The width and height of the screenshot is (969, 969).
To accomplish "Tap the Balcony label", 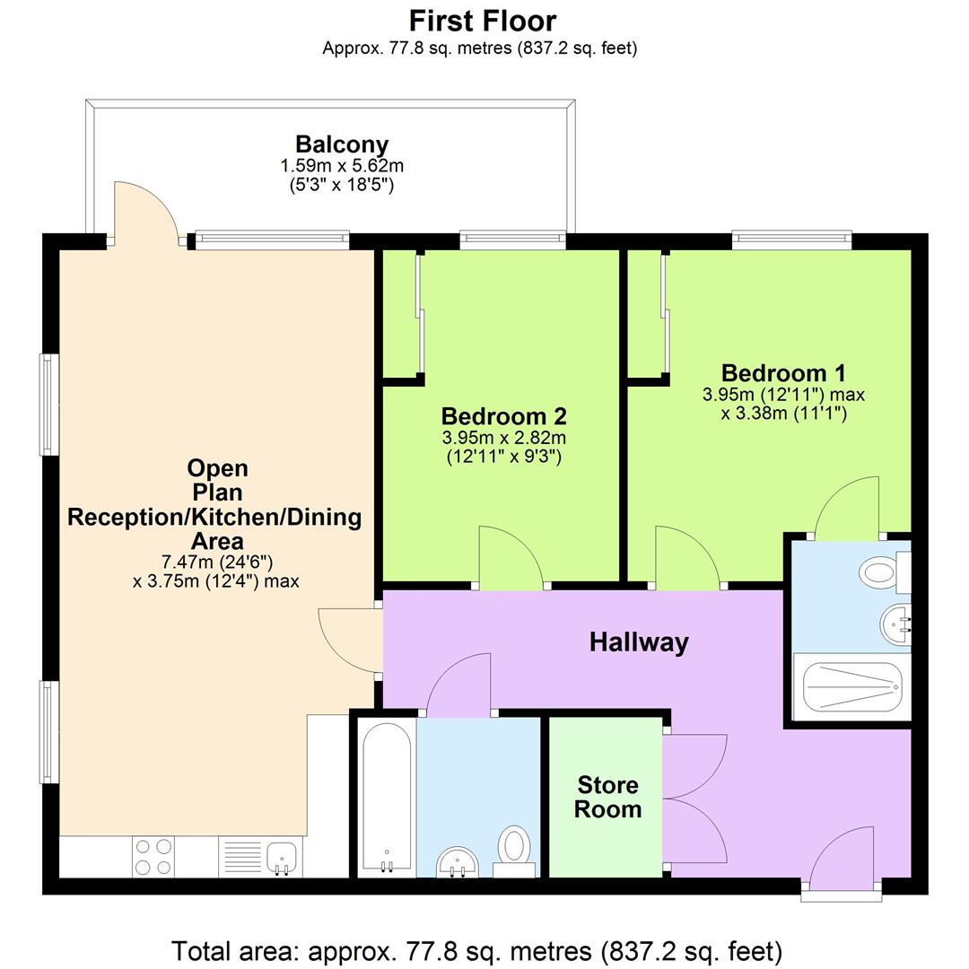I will pyautogui.click(x=342, y=144).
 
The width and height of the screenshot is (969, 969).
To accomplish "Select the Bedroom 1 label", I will pyautogui.click(x=783, y=373).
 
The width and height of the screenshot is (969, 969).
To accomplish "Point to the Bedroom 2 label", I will pyautogui.click(x=503, y=416).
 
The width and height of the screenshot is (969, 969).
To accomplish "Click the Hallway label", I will pyautogui.click(x=639, y=642).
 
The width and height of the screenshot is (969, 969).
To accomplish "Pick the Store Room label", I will pyautogui.click(x=608, y=798).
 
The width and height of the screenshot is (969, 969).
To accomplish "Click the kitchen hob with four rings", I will pyautogui.click(x=153, y=856).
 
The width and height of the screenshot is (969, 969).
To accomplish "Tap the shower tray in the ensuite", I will pyautogui.click(x=847, y=686).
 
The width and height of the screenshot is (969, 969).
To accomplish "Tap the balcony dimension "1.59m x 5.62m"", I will pyautogui.click(x=342, y=166).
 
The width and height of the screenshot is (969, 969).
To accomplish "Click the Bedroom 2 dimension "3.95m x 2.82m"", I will pyautogui.click(x=503, y=438).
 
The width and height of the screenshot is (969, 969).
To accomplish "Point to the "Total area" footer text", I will pyautogui.click(x=476, y=950).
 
